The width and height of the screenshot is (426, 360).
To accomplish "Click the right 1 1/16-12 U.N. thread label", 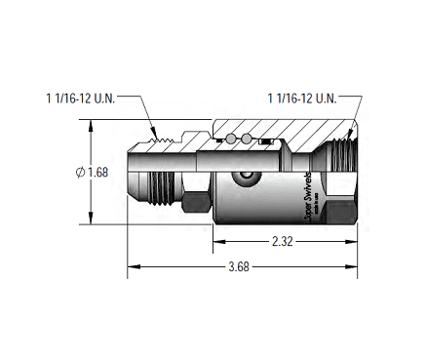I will (301, 99).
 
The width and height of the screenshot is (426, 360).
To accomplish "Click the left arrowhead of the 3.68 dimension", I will (132, 264).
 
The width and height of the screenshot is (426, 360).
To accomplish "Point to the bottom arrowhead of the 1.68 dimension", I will (92, 220).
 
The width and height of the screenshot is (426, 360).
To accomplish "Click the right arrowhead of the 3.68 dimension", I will (355, 264).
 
